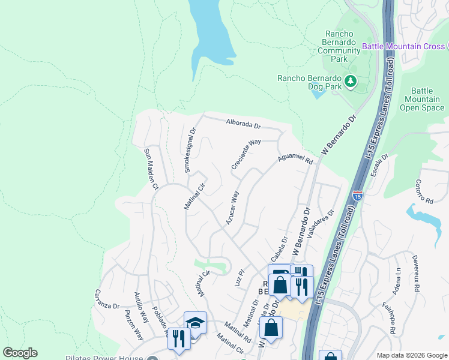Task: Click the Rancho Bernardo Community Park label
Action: [339, 47]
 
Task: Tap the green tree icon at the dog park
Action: [350, 80]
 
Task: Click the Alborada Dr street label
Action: [243, 125]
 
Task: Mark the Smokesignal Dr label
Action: [190, 150]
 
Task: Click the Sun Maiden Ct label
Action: [149, 170]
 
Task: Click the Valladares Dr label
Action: [319, 224]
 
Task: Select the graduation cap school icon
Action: [195, 323]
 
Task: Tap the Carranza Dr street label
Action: [107, 298]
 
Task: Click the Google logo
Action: [20, 353]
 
